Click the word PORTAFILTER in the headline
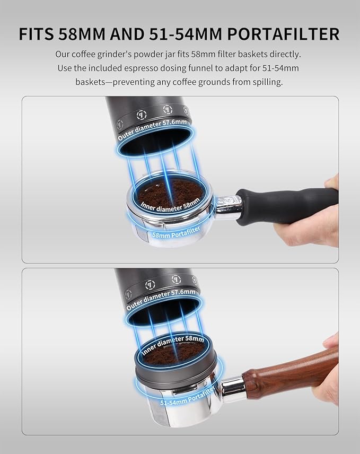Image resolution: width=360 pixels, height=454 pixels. (x=283, y=34)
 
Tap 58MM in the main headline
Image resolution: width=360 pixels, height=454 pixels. (x=82, y=34)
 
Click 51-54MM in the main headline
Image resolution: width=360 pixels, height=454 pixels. (x=186, y=34)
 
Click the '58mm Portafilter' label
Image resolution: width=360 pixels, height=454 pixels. (x=176, y=232)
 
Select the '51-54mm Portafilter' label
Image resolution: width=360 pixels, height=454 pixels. (x=188, y=396)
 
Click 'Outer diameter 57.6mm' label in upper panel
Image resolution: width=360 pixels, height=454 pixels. (x=152, y=129)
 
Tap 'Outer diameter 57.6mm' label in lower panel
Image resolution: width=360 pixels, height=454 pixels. (x=161, y=299)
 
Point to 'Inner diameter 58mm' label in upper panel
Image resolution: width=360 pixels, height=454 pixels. (x=170, y=205)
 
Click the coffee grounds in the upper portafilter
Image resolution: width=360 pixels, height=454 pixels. (x=171, y=194)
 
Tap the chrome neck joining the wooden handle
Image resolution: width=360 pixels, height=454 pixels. (x=232, y=389)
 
